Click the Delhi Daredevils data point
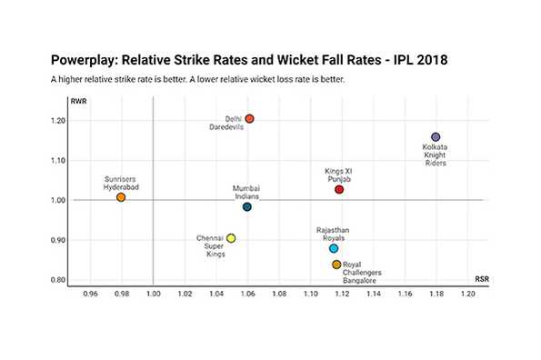(249, 119)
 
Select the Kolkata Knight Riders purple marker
(436, 137)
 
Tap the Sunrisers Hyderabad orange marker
(121, 197)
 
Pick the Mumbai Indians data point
(247, 207)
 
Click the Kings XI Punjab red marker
(339, 189)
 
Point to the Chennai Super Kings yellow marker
(231, 238)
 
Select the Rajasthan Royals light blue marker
(334, 248)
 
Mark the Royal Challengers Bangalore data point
(336, 265)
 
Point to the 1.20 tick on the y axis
(58, 121)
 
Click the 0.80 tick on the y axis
(58, 280)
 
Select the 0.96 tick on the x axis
(90, 295)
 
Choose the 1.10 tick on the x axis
(310, 295)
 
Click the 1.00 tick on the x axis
(153, 295)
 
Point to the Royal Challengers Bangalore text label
(362, 273)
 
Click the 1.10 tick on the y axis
(58, 161)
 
